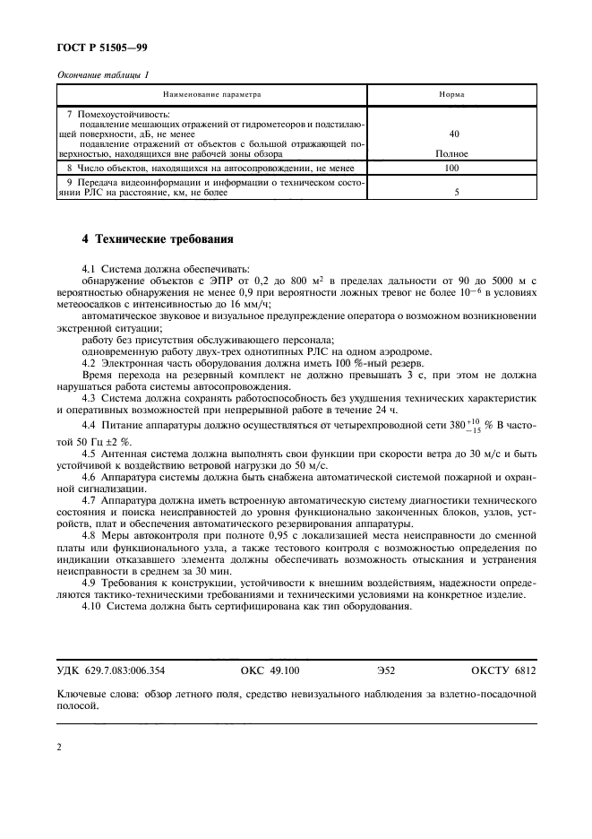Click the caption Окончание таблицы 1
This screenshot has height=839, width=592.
pos(104,74)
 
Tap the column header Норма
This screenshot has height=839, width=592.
pos(453,94)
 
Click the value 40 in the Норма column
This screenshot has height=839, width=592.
pos(453,134)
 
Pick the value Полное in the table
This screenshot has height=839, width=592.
pos(453,153)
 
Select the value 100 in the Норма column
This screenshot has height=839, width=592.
pos(453,168)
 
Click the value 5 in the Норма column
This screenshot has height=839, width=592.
pos(455,192)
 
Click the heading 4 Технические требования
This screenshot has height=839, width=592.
pos(157,240)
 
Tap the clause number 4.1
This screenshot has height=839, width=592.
pos(88,269)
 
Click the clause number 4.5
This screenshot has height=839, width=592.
pos(88,453)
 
